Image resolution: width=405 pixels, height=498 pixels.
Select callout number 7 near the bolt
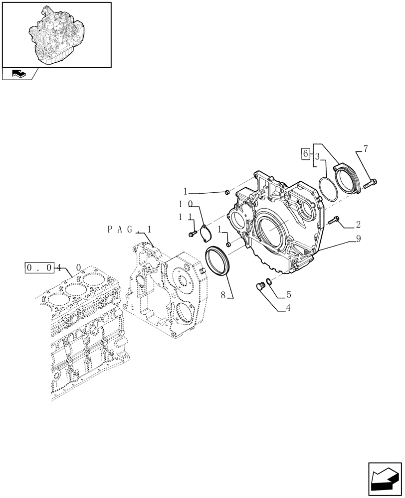(366, 148)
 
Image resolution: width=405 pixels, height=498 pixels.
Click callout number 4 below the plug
(288, 294)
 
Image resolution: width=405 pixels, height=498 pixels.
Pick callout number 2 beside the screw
(358, 225)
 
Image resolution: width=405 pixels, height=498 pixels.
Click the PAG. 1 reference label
(129, 229)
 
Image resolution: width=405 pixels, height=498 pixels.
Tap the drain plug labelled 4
(259, 287)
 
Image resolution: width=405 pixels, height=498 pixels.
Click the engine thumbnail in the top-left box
(56, 34)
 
